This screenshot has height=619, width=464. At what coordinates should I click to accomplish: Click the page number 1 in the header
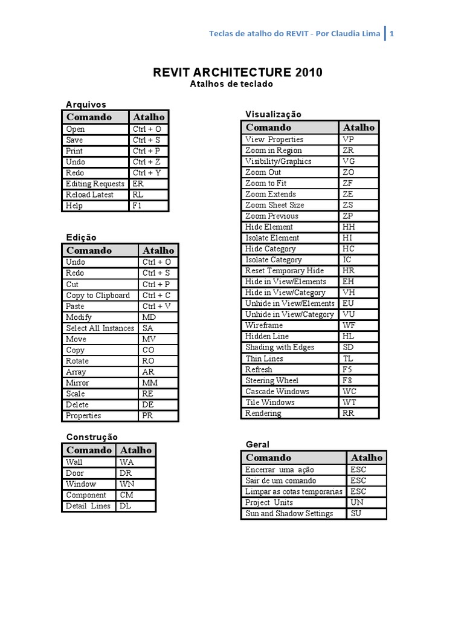click(x=391, y=34)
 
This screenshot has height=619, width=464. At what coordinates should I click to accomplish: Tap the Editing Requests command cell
click(x=95, y=184)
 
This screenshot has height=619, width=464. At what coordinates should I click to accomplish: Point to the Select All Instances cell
click(x=100, y=328)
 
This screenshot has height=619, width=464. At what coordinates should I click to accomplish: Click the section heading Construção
click(x=92, y=437)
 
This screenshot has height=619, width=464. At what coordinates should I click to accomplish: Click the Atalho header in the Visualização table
click(x=359, y=127)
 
